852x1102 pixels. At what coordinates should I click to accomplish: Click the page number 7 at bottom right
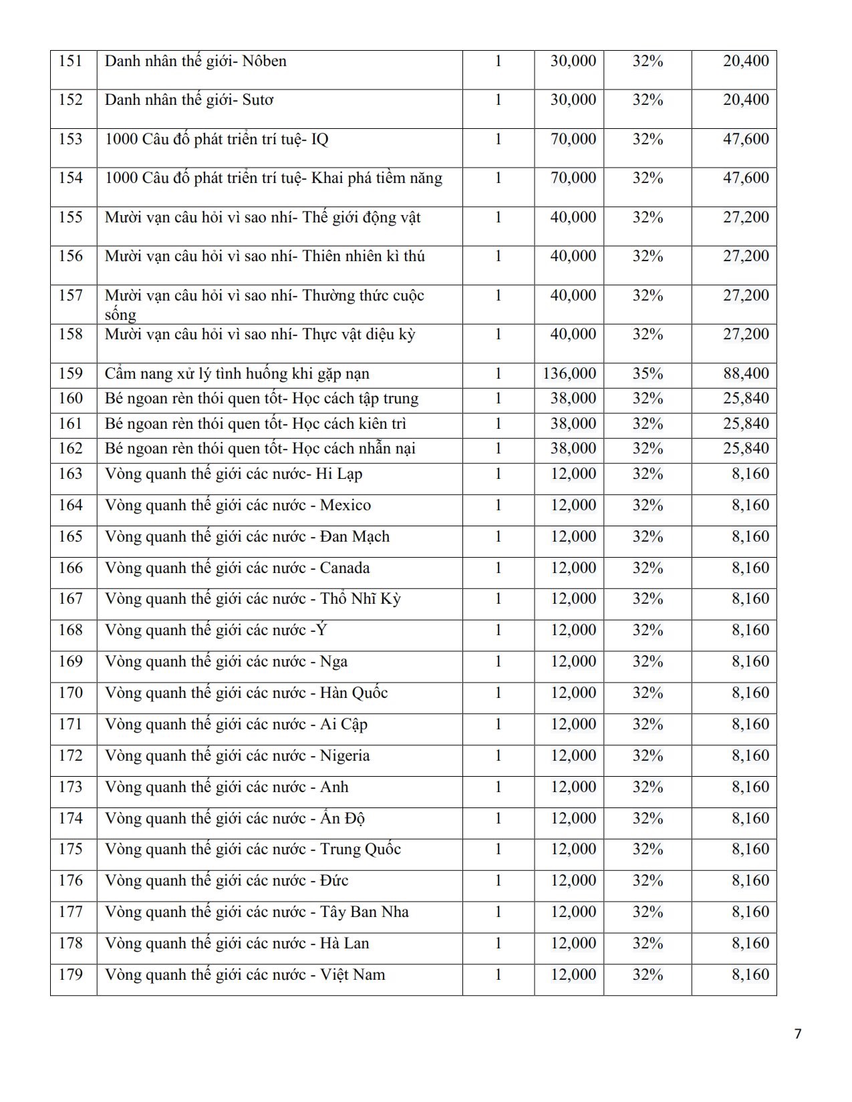(x=797, y=1034)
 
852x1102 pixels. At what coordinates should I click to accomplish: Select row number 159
(x=71, y=373)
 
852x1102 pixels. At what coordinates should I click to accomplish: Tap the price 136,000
(x=569, y=373)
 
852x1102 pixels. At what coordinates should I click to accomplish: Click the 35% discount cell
(x=648, y=373)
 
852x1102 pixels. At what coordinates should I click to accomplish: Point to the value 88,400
(x=746, y=373)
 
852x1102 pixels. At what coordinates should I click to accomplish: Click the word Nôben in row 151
(x=264, y=61)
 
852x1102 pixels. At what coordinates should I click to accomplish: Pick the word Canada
(x=345, y=568)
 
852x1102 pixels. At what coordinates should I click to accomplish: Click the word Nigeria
(x=345, y=755)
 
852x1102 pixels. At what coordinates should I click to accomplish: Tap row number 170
(x=71, y=693)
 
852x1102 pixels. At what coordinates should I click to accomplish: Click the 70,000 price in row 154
(x=573, y=178)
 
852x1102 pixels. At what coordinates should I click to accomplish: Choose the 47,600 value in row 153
(x=746, y=140)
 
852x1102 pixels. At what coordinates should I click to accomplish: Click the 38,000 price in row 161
(x=573, y=423)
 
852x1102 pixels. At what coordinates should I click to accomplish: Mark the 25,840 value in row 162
(x=746, y=448)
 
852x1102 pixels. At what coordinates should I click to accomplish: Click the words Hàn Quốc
(x=354, y=693)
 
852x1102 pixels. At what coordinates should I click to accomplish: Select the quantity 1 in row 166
(x=498, y=568)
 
